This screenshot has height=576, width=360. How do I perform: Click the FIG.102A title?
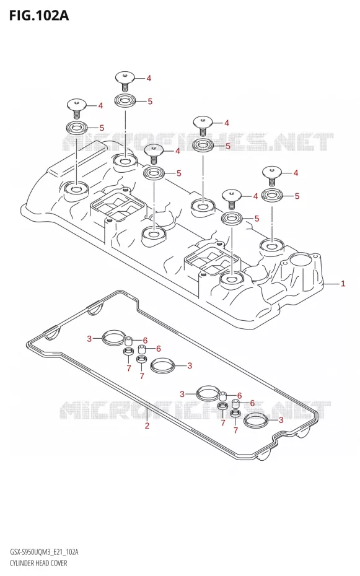[x=39, y=16]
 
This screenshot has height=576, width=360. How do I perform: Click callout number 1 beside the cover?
[x=343, y=283]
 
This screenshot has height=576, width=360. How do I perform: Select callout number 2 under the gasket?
[x=147, y=426]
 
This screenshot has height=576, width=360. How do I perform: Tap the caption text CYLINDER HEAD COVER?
[x=38, y=563]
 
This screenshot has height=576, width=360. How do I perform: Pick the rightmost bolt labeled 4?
[x=271, y=176]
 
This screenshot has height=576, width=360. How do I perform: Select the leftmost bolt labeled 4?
[x=76, y=108]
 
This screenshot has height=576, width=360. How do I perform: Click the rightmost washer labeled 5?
[x=271, y=195]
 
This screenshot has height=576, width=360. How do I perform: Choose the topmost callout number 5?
[x=150, y=102]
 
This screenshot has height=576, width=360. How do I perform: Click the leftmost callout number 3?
[x=89, y=339]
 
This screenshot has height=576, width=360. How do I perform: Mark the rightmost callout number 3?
[x=281, y=420]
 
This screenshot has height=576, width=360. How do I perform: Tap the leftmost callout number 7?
[x=129, y=369]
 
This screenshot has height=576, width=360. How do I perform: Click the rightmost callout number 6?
[x=252, y=403]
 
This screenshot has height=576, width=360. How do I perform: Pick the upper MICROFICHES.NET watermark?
[x=198, y=143]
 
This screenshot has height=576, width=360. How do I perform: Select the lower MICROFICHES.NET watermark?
[x=195, y=410]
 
